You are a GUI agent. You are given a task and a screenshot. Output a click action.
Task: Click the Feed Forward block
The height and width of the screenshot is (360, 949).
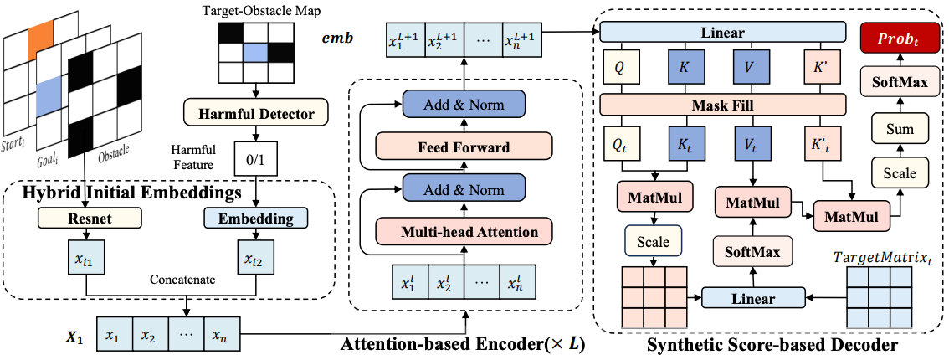coord(464,147)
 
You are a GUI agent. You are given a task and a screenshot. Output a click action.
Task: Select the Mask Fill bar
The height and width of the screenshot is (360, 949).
coord(722,105)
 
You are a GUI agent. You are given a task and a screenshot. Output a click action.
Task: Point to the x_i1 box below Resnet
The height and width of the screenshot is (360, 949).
coord(86,259)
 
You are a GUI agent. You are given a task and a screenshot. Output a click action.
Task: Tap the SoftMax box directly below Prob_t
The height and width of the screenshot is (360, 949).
coord(900,84)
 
